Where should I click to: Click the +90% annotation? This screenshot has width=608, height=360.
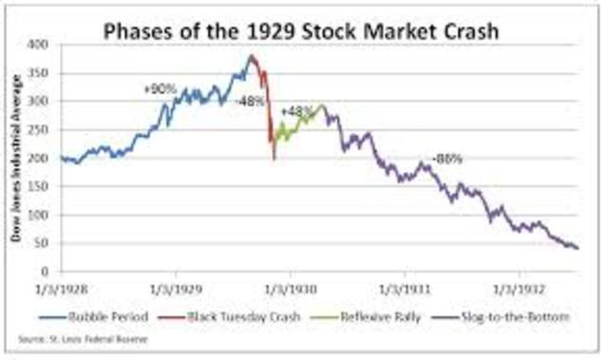158,88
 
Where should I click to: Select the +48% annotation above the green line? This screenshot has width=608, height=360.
297,110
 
